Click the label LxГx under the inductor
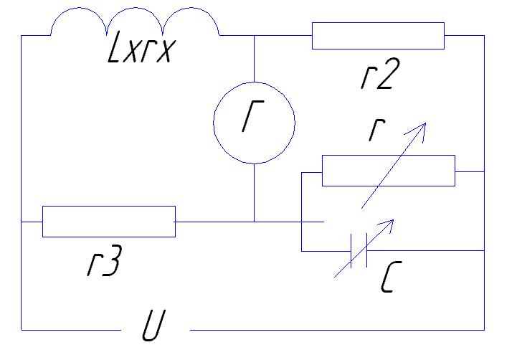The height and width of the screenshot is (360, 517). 142,47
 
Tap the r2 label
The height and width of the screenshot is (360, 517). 380,74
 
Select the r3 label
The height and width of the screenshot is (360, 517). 105,260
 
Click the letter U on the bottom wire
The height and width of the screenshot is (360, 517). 153,325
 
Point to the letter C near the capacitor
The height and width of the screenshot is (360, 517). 392,277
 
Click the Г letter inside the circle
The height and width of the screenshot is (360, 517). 253,116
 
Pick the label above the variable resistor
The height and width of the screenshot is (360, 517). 376,131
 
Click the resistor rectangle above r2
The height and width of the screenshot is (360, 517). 378,36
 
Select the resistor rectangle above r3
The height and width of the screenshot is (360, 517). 109,222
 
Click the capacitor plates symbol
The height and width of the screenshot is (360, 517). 359,251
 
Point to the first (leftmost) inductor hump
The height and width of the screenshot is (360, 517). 78,8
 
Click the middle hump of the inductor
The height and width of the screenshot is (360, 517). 135,8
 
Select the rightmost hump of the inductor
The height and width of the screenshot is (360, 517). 191,8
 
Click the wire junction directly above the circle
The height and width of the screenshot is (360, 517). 254,35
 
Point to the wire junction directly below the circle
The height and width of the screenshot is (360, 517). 254,222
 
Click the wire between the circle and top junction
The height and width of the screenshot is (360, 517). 254,59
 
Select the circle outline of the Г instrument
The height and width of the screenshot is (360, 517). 214,123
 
